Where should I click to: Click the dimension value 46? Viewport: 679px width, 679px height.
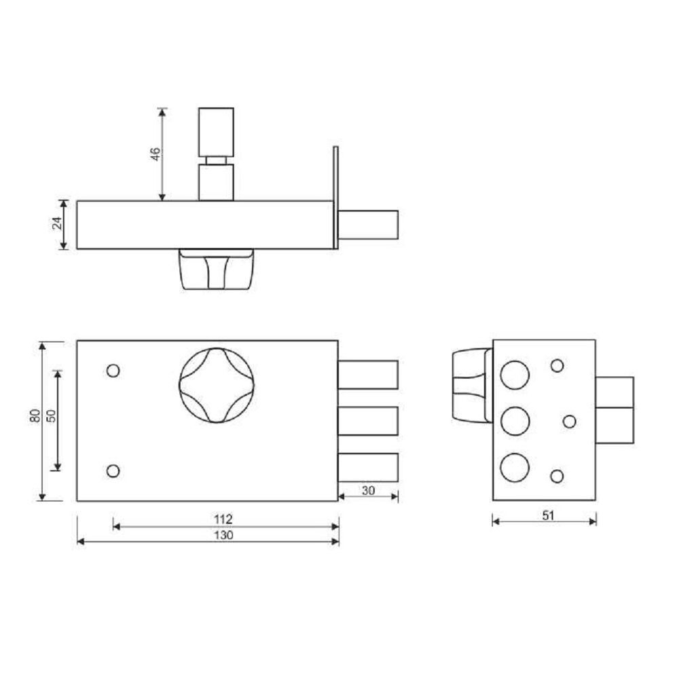point(155,154)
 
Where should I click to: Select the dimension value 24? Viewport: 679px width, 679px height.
point(57,223)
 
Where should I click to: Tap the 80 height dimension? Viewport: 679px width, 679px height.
point(35,416)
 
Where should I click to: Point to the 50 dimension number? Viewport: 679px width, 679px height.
point(51,416)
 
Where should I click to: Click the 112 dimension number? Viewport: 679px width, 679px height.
point(223,518)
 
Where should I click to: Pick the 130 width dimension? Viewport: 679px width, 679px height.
point(223,535)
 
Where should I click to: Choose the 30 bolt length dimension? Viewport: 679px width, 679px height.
point(368,491)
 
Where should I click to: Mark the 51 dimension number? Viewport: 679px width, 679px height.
point(548,515)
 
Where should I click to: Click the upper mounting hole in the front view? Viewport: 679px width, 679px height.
point(113,371)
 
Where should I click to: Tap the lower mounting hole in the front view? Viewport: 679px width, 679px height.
point(113,471)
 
